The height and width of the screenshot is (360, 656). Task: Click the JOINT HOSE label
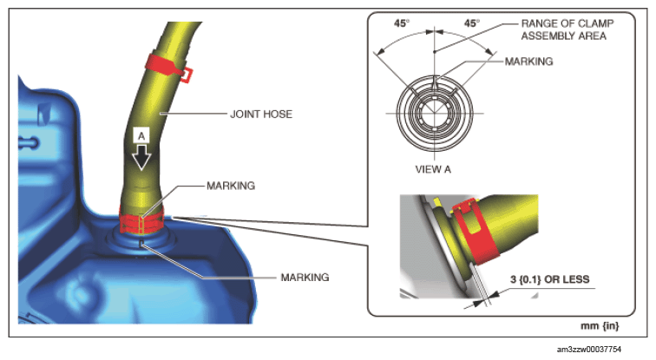(x=261, y=115)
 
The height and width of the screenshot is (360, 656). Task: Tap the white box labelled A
(x=141, y=136)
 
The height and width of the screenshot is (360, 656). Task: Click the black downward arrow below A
(x=141, y=157)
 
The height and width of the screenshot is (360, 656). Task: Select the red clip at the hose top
(x=168, y=67)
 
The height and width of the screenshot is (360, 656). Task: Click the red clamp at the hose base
(x=141, y=220)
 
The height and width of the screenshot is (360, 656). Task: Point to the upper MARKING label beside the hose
(x=231, y=186)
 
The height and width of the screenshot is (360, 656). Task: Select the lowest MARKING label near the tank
(x=305, y=278)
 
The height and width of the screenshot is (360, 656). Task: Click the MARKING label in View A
(x=528, y=62)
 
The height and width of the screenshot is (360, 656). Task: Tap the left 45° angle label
(x=402, y=23)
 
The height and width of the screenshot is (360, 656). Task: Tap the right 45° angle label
(x=472, y=23)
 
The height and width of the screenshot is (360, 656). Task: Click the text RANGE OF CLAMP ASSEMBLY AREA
(x=567, y=29)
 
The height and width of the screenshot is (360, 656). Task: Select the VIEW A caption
(x=433, y=169)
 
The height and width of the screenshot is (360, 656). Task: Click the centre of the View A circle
(x=434, y=113)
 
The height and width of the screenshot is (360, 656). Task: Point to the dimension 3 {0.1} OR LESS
(x=550, y=279)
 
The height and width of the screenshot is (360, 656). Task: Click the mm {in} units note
(x=600, y=325)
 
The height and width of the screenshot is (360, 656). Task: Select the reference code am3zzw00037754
(x=589, y=349)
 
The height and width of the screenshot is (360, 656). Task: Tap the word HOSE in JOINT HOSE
(x=278, y=115)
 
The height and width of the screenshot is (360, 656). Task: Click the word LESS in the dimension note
(x=575, y=279)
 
